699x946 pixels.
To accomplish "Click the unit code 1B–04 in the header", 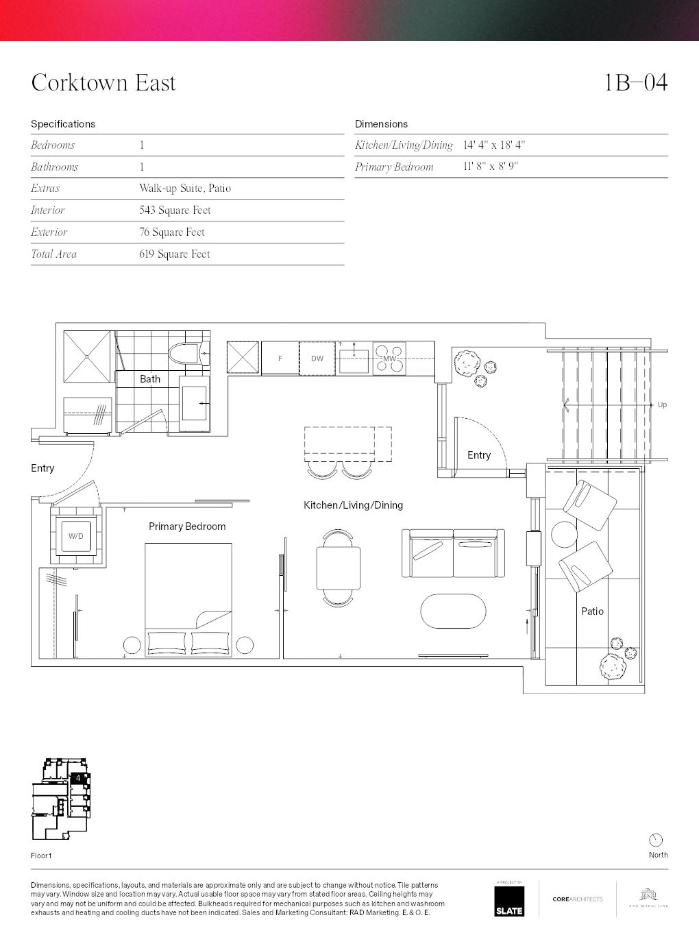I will [635, 83].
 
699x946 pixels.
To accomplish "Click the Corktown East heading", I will [103, 83].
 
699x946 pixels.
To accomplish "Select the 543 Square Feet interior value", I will [175, 210].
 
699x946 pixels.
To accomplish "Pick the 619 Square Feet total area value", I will [174, 254].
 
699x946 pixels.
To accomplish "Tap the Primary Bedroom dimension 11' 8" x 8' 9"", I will [490, 167].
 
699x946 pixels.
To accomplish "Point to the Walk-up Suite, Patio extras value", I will [185, 189].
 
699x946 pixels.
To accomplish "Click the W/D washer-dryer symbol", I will [76, 536].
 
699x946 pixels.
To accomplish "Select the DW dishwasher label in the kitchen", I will [317, 359].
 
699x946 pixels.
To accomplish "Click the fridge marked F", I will [280, 359].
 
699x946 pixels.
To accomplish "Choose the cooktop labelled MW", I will [389, 359].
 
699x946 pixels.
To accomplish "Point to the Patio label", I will [592, 611].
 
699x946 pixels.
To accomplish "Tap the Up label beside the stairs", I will [662, 405].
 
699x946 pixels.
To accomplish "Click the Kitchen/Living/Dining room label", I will [353, 505].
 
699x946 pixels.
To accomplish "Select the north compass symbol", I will [656, 840].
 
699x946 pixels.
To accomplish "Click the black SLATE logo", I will [509, 901].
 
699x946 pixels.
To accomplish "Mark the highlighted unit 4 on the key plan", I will [79, 778].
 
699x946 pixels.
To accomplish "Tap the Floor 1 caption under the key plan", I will [41, 856].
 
